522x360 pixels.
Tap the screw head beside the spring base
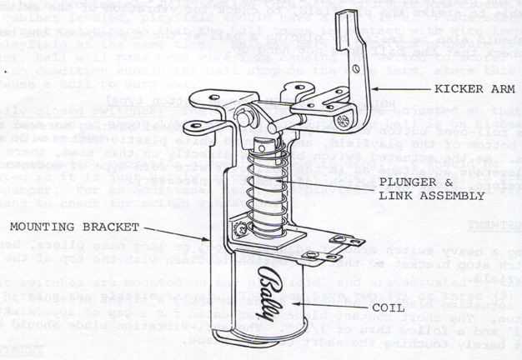pyautogui.click(x=240, y=224)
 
